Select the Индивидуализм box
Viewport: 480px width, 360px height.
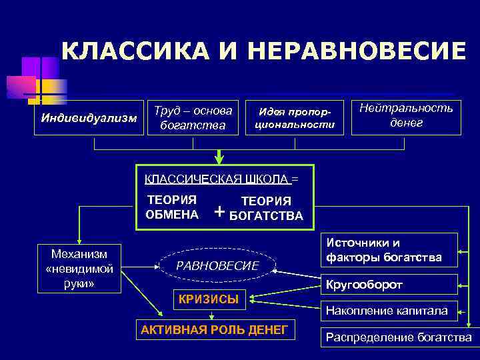(x=89, y=119)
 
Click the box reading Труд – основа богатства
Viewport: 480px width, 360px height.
(x=193, y=117)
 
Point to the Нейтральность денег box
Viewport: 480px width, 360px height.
(x=406, y=116)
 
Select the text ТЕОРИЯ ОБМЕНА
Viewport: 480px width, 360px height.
(x=172, y=207)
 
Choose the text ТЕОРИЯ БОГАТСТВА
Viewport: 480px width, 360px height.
(x=266, y=208)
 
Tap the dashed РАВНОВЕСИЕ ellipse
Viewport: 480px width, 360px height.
(x=217, y=265)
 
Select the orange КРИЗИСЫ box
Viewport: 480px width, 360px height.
(x=209, y=299)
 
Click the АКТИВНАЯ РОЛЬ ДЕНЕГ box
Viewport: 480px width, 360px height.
(x=215, y=329)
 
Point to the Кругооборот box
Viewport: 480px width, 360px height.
(x=390, y=285)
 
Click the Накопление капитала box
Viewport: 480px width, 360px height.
(x=390, y=310)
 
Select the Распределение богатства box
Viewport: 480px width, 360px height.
(x=398, y=337)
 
